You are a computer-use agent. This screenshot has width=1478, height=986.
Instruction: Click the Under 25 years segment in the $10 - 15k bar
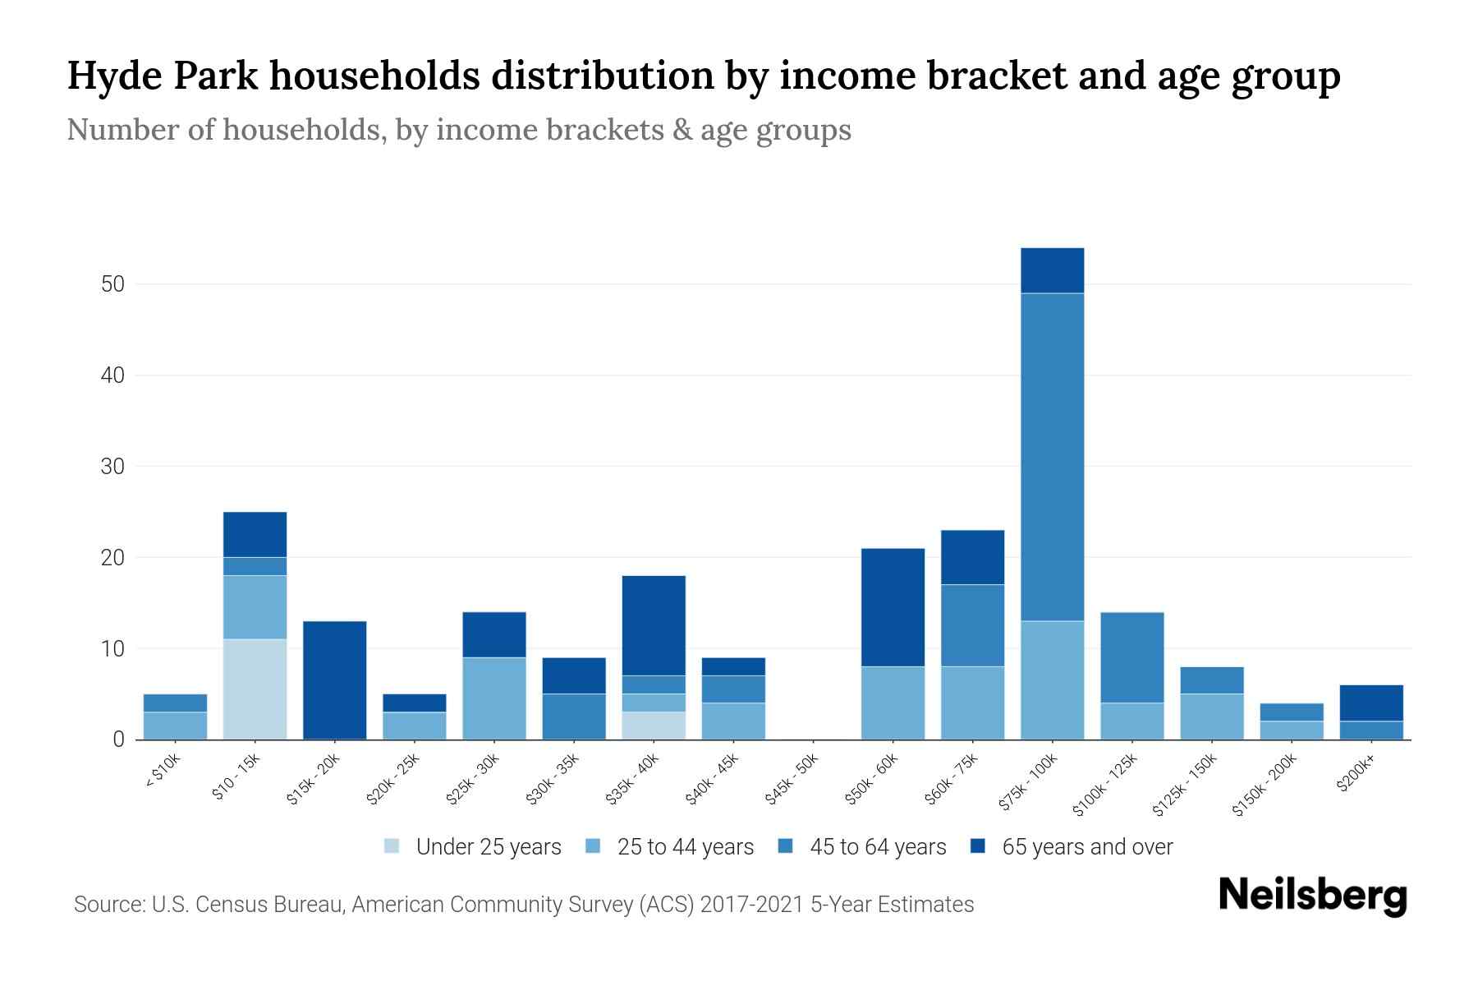click(x=255, y=689)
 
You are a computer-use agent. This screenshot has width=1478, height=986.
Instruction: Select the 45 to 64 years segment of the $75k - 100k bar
click(x=1052, y=457)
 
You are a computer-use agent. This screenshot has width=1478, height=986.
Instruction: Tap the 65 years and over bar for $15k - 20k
click(x=334, y=680)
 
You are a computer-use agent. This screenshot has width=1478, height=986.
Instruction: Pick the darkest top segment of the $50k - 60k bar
click(x=893, y=607)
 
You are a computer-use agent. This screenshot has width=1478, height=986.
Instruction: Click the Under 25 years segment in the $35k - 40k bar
click(x=654, y=726)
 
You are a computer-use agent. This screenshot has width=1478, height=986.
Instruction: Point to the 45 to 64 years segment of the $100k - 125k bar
click(x=1131, y=657)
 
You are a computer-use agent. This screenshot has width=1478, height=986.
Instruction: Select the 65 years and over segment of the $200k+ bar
click(x=1370, y=703)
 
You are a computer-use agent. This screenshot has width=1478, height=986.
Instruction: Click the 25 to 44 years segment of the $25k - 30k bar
click(x=494, y=698)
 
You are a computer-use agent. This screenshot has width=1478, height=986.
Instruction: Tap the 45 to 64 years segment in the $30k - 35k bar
click(x=574, y=716)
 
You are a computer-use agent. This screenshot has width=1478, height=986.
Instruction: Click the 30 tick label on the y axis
click(x=112, y=467)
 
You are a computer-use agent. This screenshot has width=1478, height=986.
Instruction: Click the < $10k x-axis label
click(x=163, y=772)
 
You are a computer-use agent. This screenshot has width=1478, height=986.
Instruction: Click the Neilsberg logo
click(x=1312, y=895)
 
